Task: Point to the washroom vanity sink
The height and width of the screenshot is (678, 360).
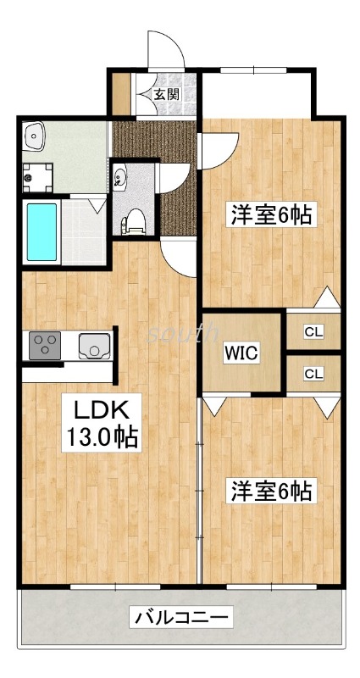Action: click(x=36, y=135)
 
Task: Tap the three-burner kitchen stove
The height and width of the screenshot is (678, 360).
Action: click(x=44, y=345)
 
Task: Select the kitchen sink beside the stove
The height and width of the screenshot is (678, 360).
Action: click(x=91, y=345)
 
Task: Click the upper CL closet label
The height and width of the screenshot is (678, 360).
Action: click(x=313, y=331)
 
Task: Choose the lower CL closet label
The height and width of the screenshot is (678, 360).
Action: click(x=313, y=373)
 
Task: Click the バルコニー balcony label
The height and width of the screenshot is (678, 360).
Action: click(x=181, y=618)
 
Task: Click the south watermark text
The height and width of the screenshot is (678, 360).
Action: click(x=181, y=333)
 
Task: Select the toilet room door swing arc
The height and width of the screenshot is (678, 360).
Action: click(x=174, y=173)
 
